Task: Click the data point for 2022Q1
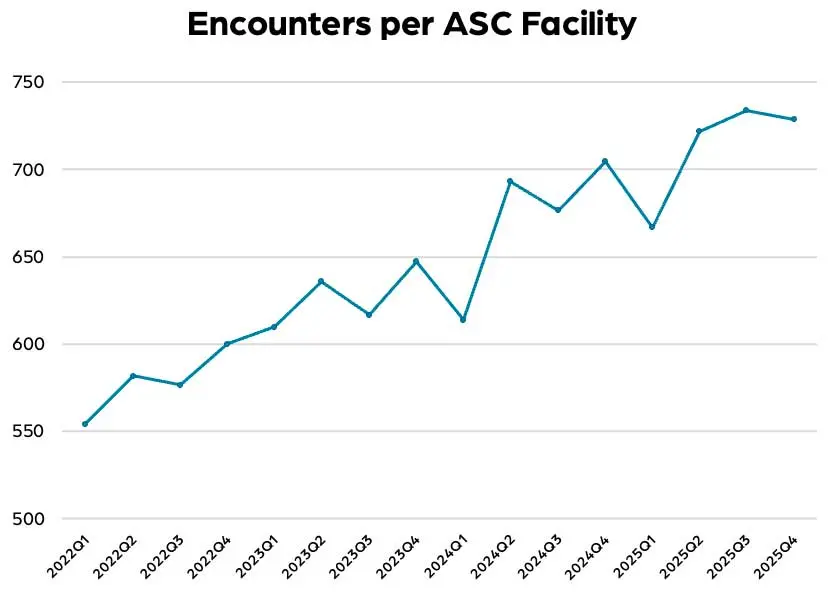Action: coord(85,424)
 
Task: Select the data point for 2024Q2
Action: coord(510,181)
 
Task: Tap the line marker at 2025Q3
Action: coord(746,110)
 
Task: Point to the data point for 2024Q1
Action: coord(463,319)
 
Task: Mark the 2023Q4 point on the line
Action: coord(416,261)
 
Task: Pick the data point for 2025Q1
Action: coord(652,227)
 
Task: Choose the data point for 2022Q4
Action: coord(227,344)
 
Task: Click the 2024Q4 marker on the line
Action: coord(605,161)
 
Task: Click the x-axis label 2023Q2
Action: coord(303,557)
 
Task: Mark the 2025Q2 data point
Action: coord(699,131)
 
